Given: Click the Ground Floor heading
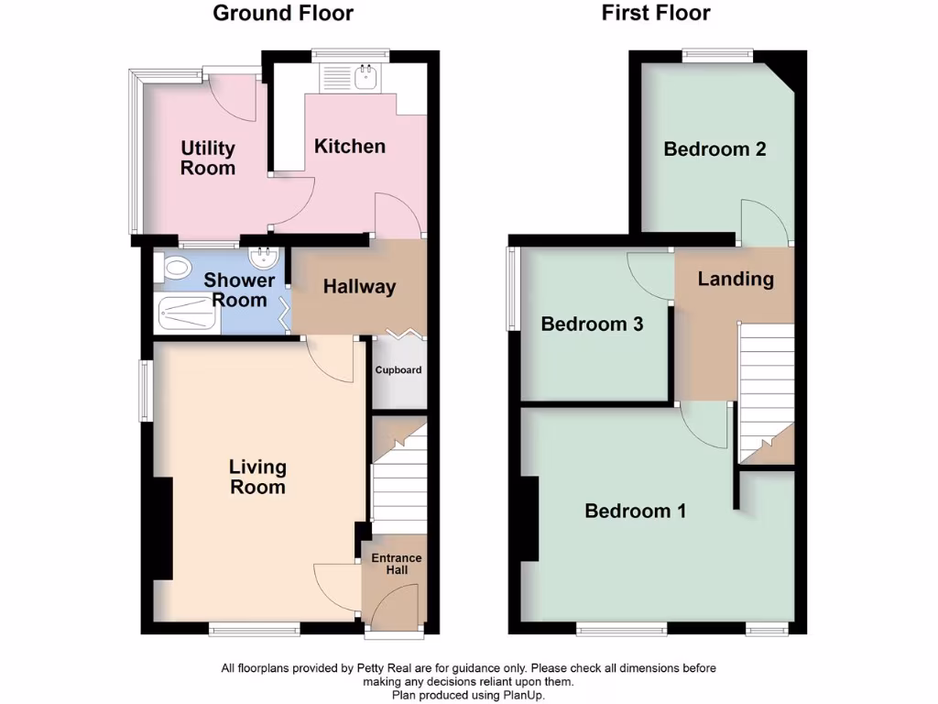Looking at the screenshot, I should (283, 13).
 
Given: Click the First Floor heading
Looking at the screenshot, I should (656, 13).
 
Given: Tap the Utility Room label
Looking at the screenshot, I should (208, 158).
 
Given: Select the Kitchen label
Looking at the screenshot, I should (350, 146).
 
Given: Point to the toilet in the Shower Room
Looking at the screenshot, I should (172, 268).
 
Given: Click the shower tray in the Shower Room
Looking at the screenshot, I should (188, 314).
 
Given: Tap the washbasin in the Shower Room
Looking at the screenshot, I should (263, 258).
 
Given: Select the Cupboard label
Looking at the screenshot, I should (398, 370).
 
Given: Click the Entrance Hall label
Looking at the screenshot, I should (396, 564).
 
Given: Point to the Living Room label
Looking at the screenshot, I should (257, 477).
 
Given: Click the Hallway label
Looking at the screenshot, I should (359, 287).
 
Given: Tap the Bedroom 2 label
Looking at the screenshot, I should (714, 148).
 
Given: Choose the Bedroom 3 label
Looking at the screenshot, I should (592, 324).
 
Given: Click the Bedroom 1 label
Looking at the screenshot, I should (635, 511).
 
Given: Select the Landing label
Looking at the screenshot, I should (736, 279).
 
